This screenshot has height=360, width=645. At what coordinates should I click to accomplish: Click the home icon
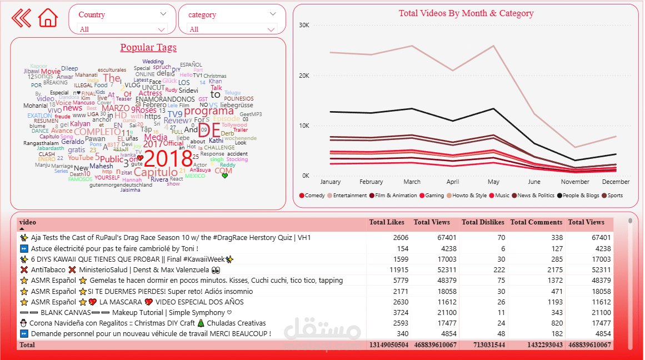48,18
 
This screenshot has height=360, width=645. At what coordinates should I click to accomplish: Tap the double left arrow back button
21,18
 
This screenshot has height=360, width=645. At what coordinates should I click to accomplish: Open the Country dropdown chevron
163,14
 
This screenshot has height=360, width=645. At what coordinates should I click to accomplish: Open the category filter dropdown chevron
273,14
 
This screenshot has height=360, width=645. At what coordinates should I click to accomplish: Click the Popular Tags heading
148,48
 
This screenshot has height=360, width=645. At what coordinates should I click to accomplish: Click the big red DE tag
209,131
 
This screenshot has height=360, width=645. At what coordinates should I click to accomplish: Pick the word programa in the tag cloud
208,111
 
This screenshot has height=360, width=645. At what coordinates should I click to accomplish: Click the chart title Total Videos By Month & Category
466,13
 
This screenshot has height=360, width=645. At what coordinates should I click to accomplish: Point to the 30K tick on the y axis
304,25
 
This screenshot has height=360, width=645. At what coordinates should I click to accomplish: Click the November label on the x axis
575,182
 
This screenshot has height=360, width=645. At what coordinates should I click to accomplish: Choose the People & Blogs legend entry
581,196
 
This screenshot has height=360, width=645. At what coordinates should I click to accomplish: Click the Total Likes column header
387,222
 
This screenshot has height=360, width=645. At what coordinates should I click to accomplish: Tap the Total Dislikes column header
483,222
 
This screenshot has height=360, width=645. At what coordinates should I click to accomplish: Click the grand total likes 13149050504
388,345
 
